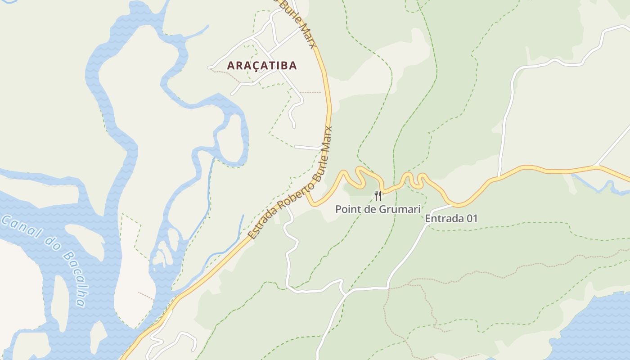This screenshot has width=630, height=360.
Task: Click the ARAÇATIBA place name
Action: (261, 66)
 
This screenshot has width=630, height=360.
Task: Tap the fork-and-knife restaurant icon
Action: (378, 196)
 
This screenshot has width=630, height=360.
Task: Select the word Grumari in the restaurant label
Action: (399, 209)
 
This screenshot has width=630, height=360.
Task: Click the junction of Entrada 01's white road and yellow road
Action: (452, 205)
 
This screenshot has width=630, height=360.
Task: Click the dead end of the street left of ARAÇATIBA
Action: (209, 68)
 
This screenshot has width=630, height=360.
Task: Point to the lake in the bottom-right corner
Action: (594, 328)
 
